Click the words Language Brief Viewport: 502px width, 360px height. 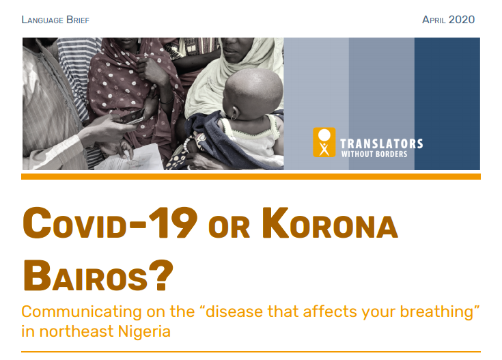tap(55, 20)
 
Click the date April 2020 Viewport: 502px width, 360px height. tap(448, 20)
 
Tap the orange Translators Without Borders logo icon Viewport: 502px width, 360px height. tap(324, 142)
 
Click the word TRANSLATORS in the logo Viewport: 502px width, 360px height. tap(381, 144)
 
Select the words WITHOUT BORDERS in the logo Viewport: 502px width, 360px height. tap(374, 154)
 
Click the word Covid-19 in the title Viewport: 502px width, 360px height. tap(110, 223)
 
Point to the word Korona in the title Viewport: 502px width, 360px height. tap(330, 223)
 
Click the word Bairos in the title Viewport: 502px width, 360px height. tap(85, 275)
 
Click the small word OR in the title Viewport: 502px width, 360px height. tap(229, 227)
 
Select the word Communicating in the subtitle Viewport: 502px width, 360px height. tap(81, 311)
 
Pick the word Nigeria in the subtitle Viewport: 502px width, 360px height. tap(144, 331)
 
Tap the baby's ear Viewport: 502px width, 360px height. tap(235, 113)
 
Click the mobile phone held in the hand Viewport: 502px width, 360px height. tap(133, 117)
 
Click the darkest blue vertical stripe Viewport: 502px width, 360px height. tap(447, 104)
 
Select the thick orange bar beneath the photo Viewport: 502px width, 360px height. tap(251, 176)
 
